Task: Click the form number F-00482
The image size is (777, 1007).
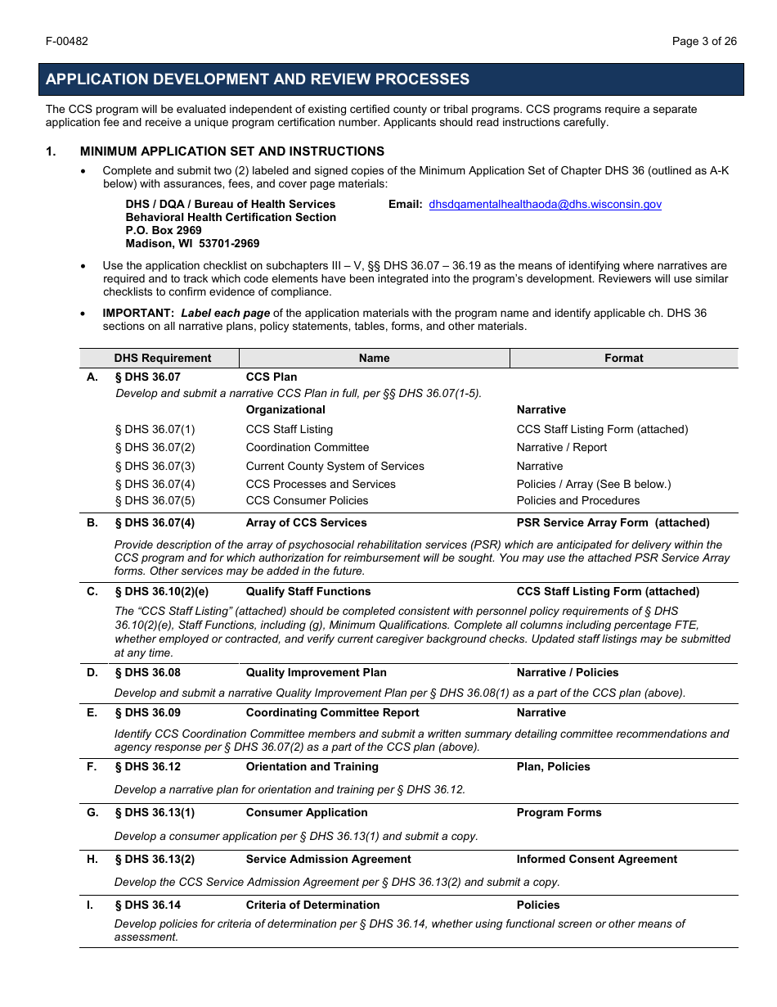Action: point(67,42)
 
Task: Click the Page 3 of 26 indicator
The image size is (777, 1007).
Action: point(704,42)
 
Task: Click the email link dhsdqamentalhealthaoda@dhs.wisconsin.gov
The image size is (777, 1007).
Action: point(545,205)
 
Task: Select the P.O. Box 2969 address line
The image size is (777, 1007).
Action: point(164,231)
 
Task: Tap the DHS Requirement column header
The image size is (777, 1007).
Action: point(163,358)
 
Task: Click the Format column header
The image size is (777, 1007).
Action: point(623,358)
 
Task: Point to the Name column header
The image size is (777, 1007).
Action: point(374,358)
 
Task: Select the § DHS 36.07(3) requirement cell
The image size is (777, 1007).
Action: point(155,466)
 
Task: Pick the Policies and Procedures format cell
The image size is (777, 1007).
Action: point(578,500)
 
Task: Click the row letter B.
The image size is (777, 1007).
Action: point(92,522)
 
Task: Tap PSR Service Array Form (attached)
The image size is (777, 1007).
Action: point(613,522)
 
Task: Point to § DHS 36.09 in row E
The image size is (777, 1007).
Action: point(147,712)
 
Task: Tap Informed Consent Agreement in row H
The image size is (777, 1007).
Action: point(596,859)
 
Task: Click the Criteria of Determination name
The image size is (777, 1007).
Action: point(312,905)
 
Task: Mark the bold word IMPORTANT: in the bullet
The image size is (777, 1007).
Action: point(138,313)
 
